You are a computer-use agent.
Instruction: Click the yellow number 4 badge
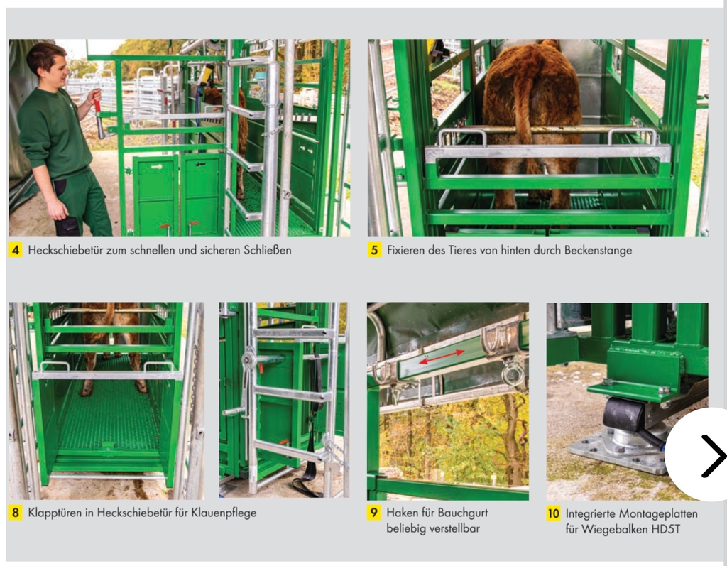(16, 250)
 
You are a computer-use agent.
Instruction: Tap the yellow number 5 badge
(374, 250)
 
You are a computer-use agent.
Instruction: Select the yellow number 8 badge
(16, 513)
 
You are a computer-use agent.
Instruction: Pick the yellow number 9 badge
(373, 513)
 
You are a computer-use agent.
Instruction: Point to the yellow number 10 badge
(553, 513)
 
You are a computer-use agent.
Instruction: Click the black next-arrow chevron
(713, 456)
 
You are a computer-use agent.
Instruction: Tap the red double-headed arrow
(442, 357)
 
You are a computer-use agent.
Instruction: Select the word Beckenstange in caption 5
(598, 250)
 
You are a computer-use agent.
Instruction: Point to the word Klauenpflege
(224, 513)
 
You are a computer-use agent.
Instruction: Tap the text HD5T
(665, 529)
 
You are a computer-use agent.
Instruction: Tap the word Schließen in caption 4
(268, 250)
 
